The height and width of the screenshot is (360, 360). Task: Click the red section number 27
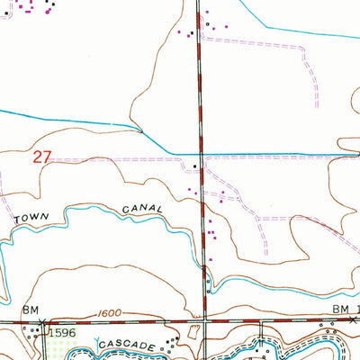pos(41,157)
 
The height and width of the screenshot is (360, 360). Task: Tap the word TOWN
pos(31,219)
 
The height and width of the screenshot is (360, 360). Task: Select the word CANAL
pos(142,209)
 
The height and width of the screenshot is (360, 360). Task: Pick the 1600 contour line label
pos(107,315)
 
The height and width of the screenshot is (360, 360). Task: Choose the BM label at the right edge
pos(339,309)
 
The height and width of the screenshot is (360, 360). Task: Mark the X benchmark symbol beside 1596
pos(41,321)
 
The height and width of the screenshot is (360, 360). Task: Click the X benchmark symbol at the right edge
pos(355,319)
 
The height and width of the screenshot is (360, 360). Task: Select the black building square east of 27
pos(196,166)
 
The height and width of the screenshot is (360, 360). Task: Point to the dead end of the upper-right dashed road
pos(318,105)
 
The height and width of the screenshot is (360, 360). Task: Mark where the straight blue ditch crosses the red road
pos(200,152)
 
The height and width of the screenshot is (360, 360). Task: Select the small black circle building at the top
pos(206,24)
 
